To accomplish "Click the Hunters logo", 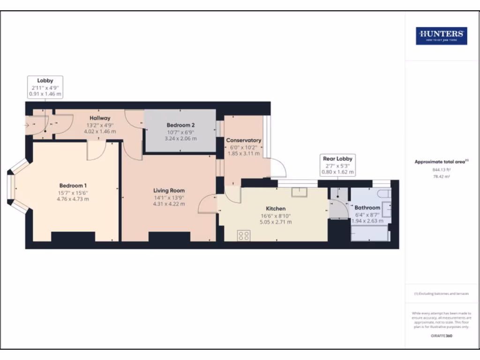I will point(442,36).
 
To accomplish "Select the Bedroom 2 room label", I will point(180,125).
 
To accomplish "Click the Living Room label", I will point(169,191).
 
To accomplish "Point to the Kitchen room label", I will point(276,208).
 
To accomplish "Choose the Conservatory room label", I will point(243,140).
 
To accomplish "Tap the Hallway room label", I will point(100,118).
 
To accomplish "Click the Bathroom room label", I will point(367,207).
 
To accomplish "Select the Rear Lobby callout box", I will point(337,165).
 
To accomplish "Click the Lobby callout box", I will point(45,87).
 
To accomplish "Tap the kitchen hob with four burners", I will point(244,235).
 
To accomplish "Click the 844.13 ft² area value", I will point(442,171).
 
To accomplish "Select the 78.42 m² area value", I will point(442,178).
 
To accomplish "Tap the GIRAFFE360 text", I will point(442,336).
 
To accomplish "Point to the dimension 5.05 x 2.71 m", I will point(276,222).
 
